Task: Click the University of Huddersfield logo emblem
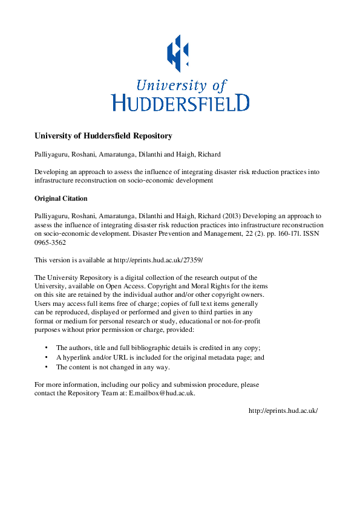(180, 51)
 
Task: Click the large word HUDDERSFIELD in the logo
(180, 102)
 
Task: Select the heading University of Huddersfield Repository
(103, 135)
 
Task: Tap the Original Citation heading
(61, 198)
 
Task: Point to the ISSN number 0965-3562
(51, 242)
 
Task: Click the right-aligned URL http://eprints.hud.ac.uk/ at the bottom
(283, 410)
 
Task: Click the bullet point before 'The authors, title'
(47, 348)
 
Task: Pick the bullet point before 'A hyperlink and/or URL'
(47, 357)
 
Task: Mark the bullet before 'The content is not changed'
(47, 367)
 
